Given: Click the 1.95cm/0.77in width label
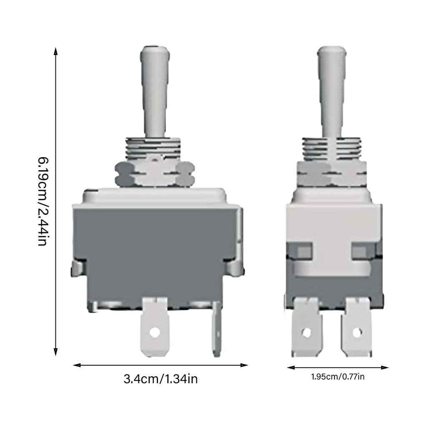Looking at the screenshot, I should pyautogui.click(x=338, y=377).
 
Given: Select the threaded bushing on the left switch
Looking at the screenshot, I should pyautogui.click(x=154, y=148).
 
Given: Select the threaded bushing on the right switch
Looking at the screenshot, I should pyautogui.click(x=332, y=149).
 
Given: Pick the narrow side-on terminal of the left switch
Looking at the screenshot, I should pyautogui.click(x=217, y=329).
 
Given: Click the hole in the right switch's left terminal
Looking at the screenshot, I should pyautogui.click(x=306, y=332).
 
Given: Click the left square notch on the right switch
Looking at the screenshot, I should pyautogui.click(x=304, y=252).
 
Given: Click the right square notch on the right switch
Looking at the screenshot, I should pyautogui.click(x=359, y=252).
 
